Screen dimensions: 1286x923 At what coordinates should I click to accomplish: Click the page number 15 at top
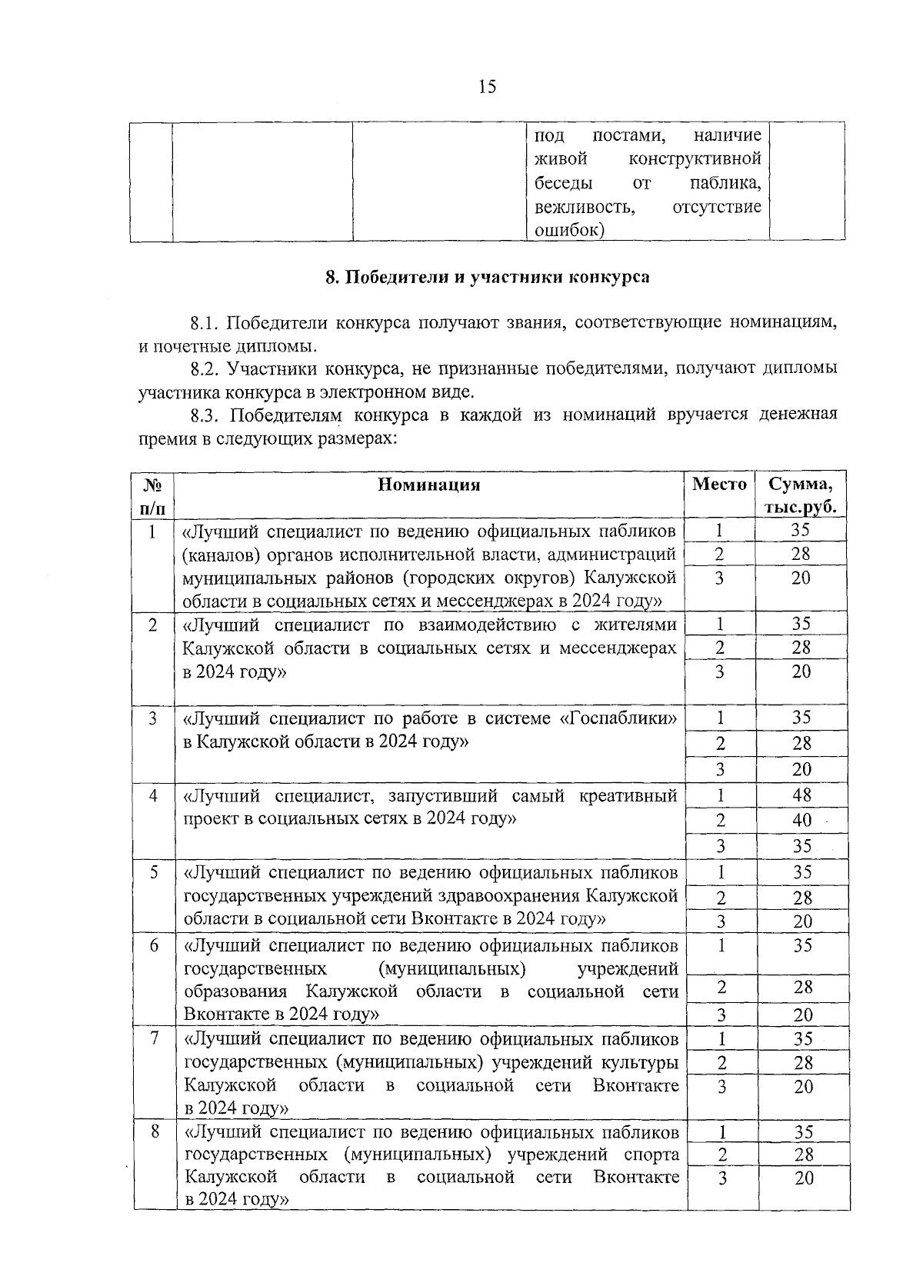[x=487, y=86]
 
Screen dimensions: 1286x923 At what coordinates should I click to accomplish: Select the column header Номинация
[x=429, y=485]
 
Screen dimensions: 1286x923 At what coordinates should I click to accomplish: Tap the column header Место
[x=719, y=485]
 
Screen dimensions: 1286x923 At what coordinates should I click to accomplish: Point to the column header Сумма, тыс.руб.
[x=801, y=495]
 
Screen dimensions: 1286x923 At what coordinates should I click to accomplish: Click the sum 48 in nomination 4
[x=802, y=795]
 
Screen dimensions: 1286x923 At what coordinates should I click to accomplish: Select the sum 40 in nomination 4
[x=802, y=820]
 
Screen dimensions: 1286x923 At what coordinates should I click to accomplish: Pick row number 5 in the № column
[x=154, y=872]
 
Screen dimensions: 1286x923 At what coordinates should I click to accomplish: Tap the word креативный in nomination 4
[x=635, y=795]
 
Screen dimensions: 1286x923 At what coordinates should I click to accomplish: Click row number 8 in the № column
[x=154, y=1131]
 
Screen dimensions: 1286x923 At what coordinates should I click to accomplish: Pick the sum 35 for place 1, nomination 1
[x=801, y=531]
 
